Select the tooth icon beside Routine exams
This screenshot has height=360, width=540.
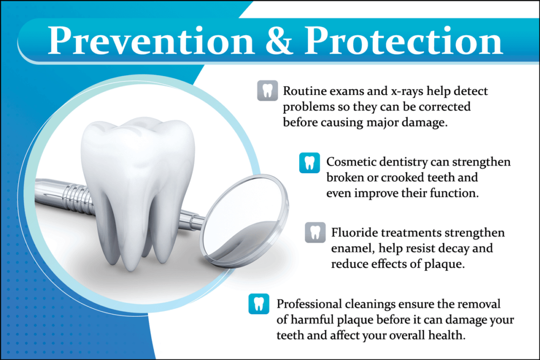pos(268,91)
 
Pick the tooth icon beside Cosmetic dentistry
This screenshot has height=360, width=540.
pos(309,162)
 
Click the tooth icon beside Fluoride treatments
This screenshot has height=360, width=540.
pos(315,233)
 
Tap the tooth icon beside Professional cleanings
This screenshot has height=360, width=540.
pos(259,304)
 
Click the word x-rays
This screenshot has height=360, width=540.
pos(407,92)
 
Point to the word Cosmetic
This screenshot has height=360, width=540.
pos(350,161)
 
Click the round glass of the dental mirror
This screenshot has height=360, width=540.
pos(245,219)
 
